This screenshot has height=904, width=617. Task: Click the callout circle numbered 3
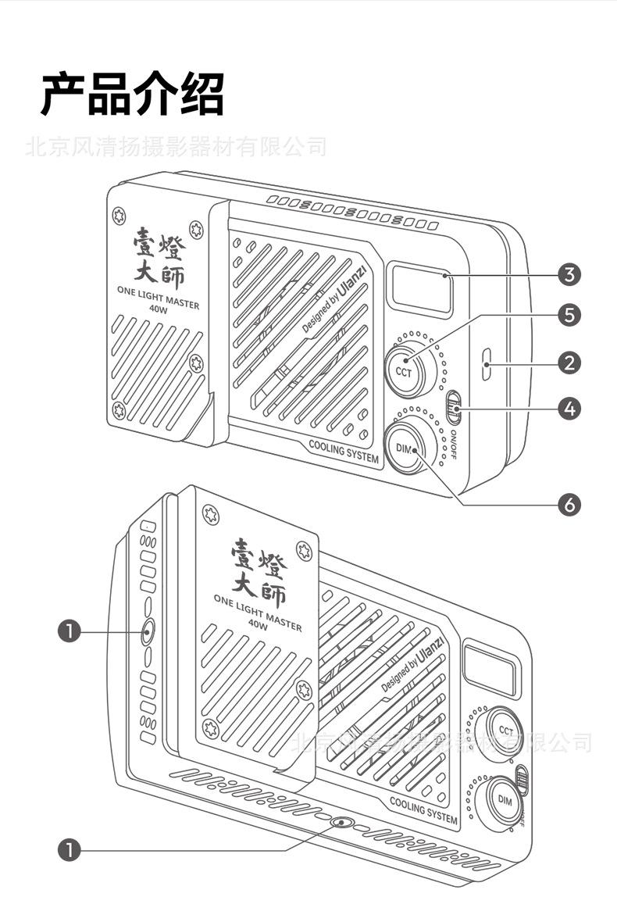coord(569,274)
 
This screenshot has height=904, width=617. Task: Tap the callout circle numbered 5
coord(569,315)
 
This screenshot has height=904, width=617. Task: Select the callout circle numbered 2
coord(569,362)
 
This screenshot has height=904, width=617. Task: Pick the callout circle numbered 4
coord(569,407)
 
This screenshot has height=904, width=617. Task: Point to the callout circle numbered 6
coord(569,506)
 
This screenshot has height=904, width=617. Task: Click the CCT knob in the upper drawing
coord(404,370)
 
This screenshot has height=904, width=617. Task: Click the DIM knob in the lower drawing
coord(505,801)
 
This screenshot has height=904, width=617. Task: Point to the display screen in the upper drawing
coord(422,289)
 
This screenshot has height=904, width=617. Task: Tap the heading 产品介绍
coord(133,94)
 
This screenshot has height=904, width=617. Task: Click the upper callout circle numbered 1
coord(70,631)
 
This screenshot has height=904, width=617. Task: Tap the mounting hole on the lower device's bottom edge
coord(341,824)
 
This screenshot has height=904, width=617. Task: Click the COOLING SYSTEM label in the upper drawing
coord(344,452)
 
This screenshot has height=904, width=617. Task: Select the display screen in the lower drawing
coord(490,669)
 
